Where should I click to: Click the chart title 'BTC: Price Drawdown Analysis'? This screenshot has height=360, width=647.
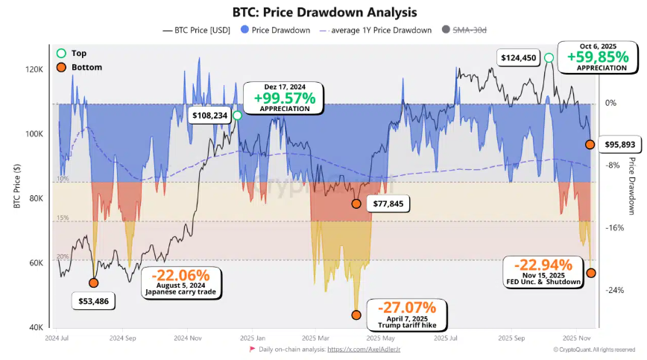point(323,12)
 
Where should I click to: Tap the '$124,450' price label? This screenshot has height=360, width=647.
point(517,58)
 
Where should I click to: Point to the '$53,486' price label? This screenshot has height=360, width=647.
point(94,301)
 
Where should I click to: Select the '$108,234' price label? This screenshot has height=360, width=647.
point(210,116)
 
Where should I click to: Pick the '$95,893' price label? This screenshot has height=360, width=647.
point(619,144)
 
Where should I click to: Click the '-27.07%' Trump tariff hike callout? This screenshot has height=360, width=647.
point(406,307)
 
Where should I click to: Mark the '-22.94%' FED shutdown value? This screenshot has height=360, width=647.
point(537,265)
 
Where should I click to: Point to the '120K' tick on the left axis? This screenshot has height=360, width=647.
point(34,69)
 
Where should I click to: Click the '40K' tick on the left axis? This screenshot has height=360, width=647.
point(37,328)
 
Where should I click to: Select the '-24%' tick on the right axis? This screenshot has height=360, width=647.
point(615,290)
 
